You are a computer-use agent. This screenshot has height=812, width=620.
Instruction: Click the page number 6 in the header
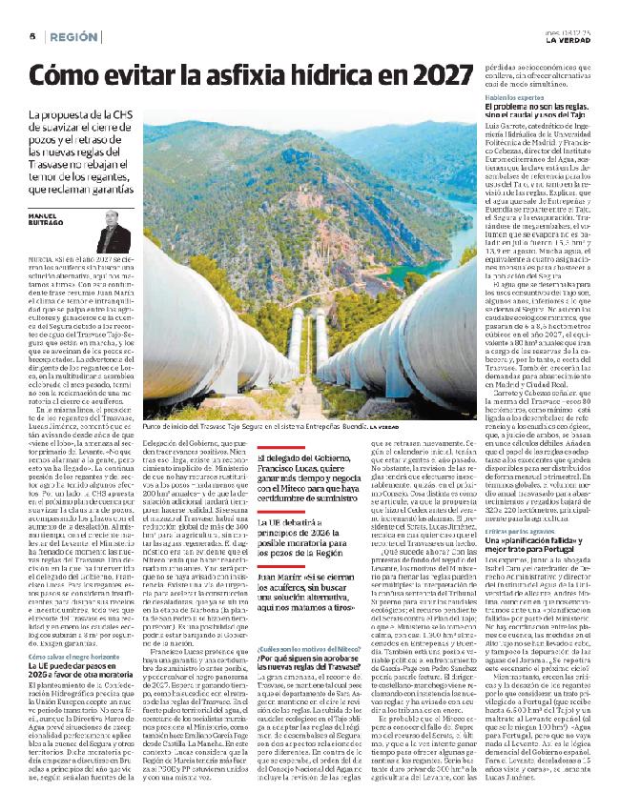coord(31,35)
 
